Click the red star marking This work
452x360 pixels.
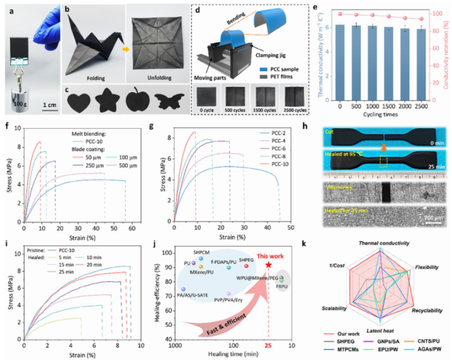[x=268, y=265]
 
